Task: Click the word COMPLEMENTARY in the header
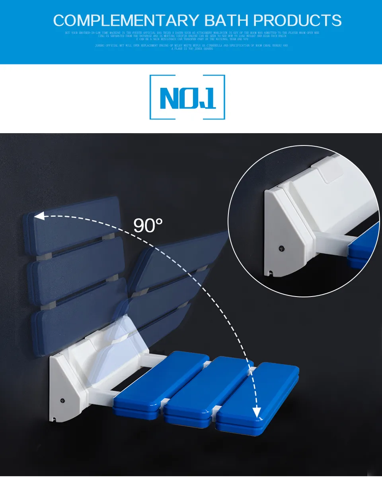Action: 126,20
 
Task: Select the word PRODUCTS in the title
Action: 297,20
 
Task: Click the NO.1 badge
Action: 187,97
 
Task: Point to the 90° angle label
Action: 148,225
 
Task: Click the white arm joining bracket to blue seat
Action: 151,360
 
